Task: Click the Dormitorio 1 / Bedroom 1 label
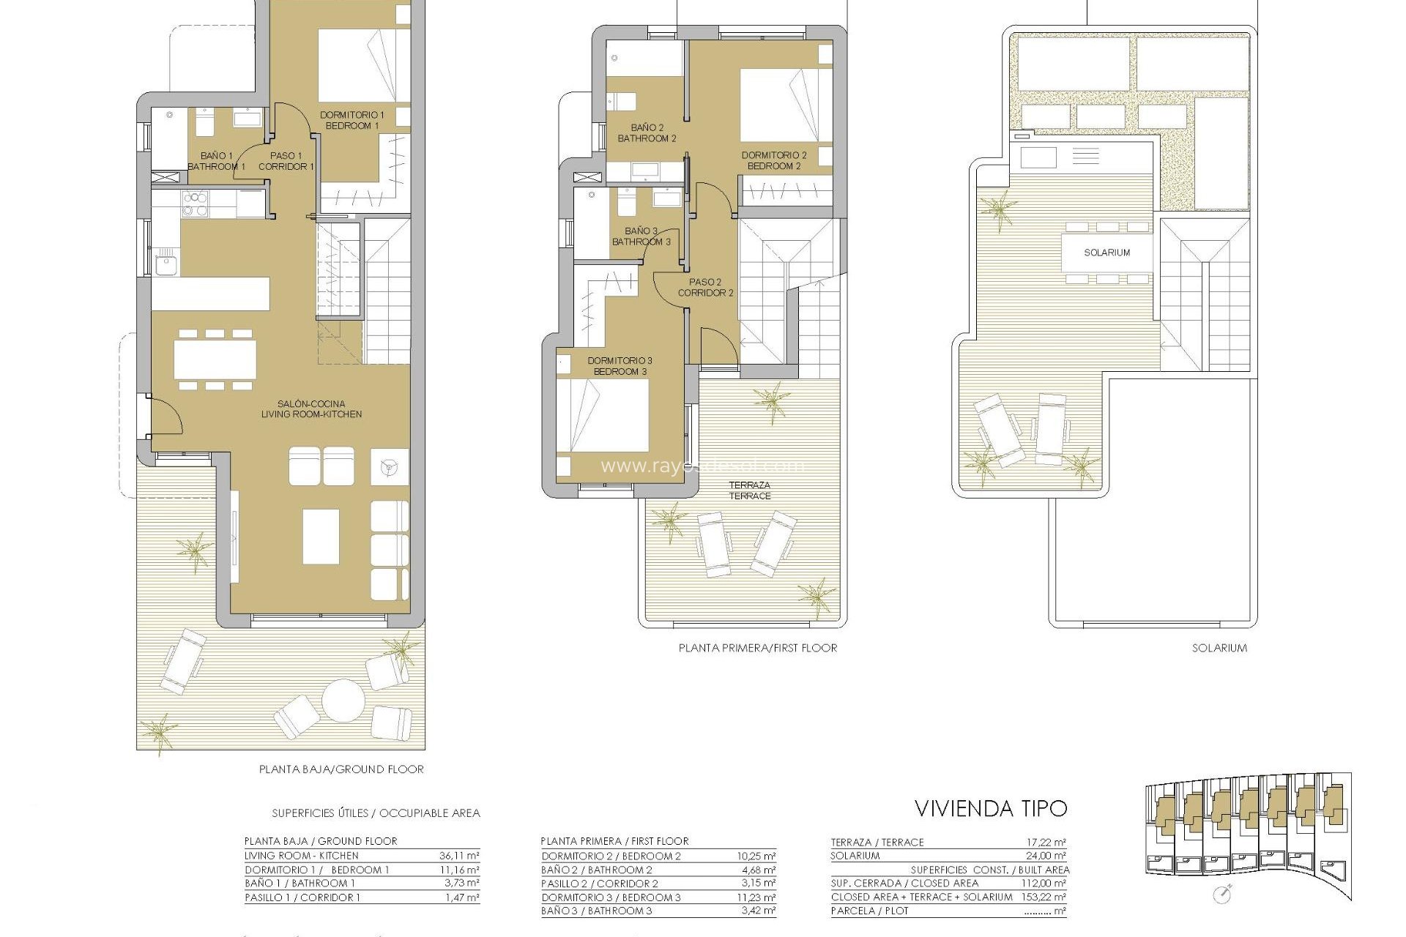[351, 120]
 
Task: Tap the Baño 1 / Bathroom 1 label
[216, 161]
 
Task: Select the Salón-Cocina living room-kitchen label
[311, 408]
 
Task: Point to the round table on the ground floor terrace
[343, 701]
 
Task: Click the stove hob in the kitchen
[195, 204]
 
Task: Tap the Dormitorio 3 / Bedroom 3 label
[620, 366]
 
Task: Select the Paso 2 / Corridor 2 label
[705, 287]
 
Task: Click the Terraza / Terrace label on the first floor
[749, 490]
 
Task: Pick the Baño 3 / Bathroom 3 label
[641, 236]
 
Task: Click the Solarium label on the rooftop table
[1106, 253]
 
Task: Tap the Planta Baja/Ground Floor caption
[341, 769]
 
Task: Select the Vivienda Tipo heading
[991, 809]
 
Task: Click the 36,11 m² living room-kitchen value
[459, 856]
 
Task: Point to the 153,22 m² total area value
[1043, 897]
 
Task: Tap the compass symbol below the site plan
[1221, 895]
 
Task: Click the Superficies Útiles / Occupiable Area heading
[376, 813]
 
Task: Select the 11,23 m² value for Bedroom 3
[756, 897]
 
